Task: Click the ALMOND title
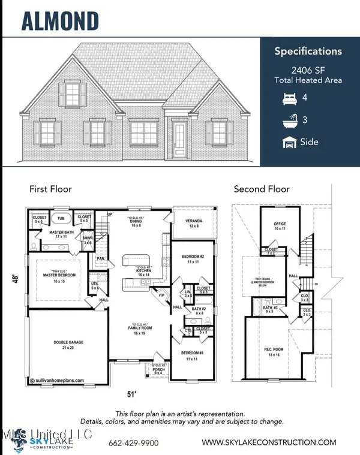click(60, 20)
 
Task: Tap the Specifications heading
click(307, 51)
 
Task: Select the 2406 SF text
click(308, 70)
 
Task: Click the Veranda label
click(193, 223)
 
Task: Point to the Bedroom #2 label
click(193, 260)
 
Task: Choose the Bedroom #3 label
click(193, 357)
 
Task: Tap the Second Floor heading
click(262, 189)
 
